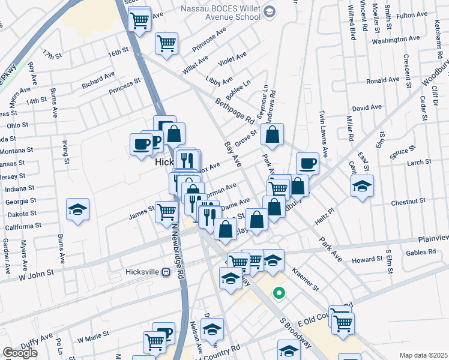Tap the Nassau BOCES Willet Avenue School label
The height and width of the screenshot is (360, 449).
[221, 13]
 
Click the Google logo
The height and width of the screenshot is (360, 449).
[20, 353]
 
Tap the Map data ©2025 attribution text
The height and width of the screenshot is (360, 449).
[423, 355]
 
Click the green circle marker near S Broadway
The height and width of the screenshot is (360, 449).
[278, 293]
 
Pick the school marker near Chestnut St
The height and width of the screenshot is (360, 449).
[362, 187]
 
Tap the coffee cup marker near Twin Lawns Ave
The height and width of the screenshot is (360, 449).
[307, 163]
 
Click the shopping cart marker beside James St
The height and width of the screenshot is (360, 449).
[167, 212]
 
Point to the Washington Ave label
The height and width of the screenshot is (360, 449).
[394, 41]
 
